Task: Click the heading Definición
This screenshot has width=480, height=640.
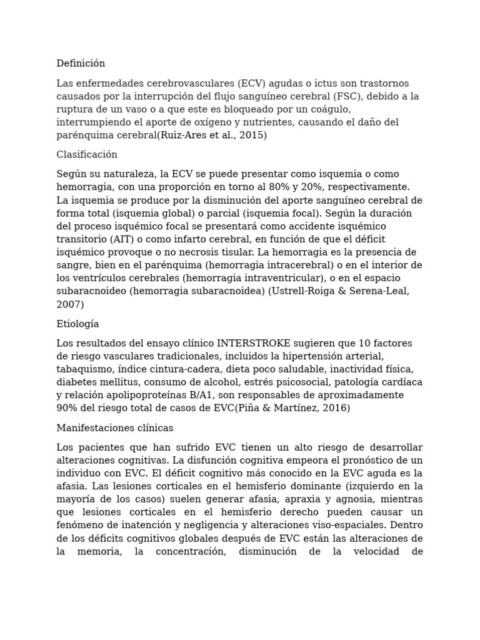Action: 81,63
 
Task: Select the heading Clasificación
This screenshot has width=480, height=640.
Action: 87,154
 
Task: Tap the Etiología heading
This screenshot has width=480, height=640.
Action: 77,324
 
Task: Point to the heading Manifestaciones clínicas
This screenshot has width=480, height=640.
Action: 115,428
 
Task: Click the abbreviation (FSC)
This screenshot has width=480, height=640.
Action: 364,96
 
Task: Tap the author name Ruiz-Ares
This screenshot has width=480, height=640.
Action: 182,135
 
